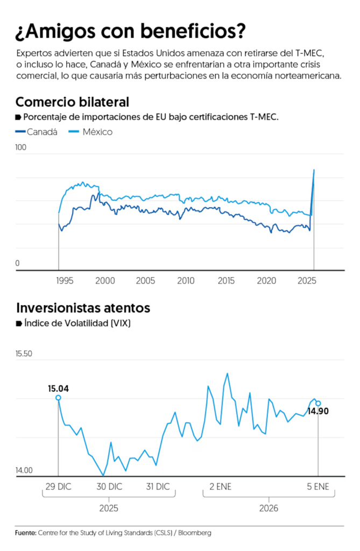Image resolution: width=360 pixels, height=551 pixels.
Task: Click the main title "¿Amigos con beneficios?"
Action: click(130, 31)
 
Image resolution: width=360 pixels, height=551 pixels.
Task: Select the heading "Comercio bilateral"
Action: click(72, 102)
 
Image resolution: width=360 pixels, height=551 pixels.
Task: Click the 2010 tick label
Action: click(186, 281)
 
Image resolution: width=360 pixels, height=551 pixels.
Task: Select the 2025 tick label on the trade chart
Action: click(307, 281)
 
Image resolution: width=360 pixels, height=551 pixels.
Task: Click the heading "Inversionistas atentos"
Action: click(82, 308)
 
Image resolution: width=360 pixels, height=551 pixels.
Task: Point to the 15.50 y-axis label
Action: click(24, 354)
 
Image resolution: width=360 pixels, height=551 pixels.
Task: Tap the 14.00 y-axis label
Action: click(24, 470)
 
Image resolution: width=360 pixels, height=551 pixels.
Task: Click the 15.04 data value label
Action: click(59, 388)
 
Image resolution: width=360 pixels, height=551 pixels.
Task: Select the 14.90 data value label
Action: click(317, 412)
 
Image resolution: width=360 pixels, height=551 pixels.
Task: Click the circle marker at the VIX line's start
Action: click(58, 398)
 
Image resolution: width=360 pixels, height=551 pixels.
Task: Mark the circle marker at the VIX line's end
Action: click(318, 403)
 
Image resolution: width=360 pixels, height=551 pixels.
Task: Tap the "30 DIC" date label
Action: click(109, 486)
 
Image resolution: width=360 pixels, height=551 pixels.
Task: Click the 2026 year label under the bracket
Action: click(269, 508)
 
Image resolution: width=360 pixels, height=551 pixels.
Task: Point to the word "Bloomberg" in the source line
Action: click(195, 533)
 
